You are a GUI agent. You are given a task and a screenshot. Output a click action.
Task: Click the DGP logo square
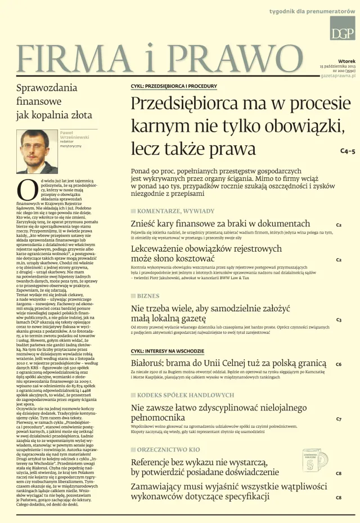[x=342, y=28]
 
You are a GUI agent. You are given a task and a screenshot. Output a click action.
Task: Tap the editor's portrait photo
[x=37, y=151]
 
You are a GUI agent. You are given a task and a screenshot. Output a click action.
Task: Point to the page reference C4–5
[x=348, y=151]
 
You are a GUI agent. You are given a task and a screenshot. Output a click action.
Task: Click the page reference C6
[x=339, y=365]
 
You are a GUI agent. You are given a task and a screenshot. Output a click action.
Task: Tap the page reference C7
[x=339, y=419]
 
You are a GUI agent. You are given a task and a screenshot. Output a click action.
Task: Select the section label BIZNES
[x=148, y=296]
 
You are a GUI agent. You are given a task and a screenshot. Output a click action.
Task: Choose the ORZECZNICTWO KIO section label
[x=168, y=450]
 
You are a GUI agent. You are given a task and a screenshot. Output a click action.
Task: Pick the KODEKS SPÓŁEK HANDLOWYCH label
[x=182, y=395]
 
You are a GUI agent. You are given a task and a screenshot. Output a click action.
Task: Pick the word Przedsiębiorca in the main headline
[x=184, y=104]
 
